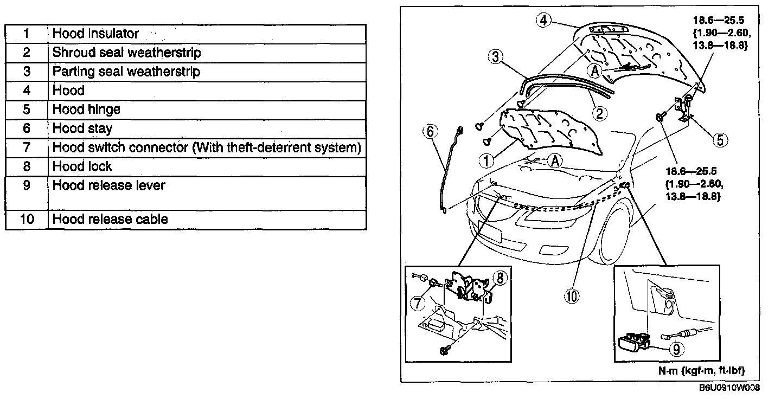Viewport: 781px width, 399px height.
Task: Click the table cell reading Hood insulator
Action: coord(206,34)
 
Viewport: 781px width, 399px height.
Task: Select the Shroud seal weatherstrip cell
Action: coord(206,53)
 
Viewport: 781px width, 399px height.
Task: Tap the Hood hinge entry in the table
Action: coord(206,110)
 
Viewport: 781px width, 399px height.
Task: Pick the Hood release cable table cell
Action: coord(206,219)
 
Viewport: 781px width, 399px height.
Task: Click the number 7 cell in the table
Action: coord(26,147)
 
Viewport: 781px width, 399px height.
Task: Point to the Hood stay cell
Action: coord(206,128)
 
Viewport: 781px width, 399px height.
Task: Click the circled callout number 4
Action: coord(545,21)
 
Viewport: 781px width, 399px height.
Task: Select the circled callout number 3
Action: coord(495,57)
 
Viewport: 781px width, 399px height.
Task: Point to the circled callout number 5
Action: coord(720,140)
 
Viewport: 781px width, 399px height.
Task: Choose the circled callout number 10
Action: coord(572,295)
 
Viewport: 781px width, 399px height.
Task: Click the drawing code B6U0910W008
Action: coord(729,388)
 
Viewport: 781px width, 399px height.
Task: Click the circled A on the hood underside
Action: coord(595,71)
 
